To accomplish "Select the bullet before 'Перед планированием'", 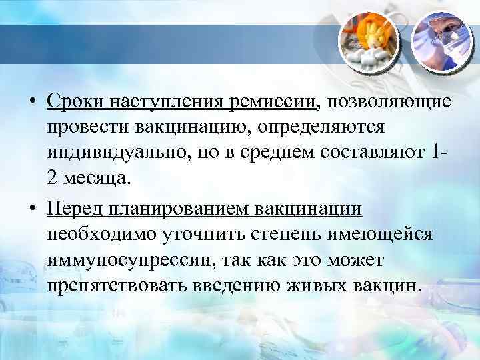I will tap(32, 211).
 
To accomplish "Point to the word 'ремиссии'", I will tap(272, 103).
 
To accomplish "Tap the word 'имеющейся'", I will tap(387, 235).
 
